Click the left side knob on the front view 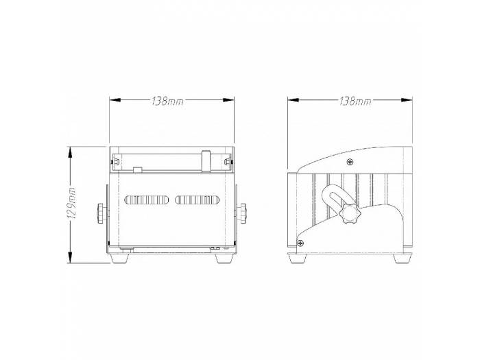(x=102, y=212)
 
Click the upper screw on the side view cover (x=350, y=163)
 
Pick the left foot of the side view (x=298, y=259)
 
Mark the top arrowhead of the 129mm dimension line (x=70, y=149)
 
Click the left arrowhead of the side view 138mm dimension (x=291, y=100)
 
